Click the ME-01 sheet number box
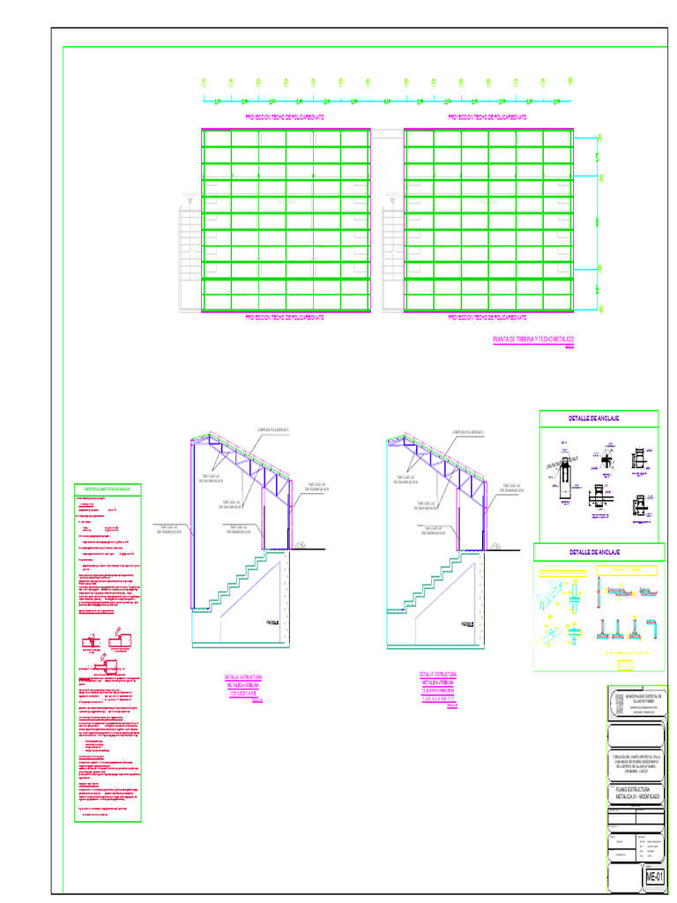tap(653, 877)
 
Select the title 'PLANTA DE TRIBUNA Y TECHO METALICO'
tap(533, 339)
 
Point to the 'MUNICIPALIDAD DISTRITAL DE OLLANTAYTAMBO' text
tap(647, 698)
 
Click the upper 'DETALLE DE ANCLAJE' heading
tap(588, 417)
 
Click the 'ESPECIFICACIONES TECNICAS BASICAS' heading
tap(107, 489)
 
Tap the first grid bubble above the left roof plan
tap(204, 83)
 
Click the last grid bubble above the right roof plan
tap(570, 82)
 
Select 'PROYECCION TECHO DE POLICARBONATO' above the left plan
tap(285, 116)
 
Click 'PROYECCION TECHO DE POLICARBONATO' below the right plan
tap(487, 317)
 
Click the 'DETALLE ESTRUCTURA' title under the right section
tap(438, 676)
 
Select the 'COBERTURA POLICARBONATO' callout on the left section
tap(274, 431)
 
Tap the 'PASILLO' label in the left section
tap(272, 623)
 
